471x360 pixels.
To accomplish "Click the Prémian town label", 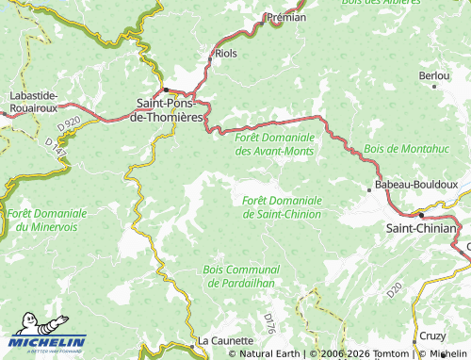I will click(x=287, y=17).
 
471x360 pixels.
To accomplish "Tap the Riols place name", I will click(x=226, y=54).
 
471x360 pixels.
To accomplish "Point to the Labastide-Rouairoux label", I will click(x=34, y=101).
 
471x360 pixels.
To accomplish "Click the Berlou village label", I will click(x=433, y=74).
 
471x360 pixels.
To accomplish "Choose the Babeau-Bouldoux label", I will click(x=415, y=186).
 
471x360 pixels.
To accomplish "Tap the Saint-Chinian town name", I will click(x=422, y=228).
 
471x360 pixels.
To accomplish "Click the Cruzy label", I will click(x=433, y=335).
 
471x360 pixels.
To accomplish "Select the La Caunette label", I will click(x=225, y=340).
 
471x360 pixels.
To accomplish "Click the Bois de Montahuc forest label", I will click(x=406, y=149).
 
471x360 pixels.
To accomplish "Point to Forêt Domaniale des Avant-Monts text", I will click(x=273, y=143).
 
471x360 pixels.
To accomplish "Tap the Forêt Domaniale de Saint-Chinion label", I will click(x=282, y=207).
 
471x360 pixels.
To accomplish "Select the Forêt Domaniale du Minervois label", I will click(x=47, y=221).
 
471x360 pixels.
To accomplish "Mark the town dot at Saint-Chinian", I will click(x=421, y=215).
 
